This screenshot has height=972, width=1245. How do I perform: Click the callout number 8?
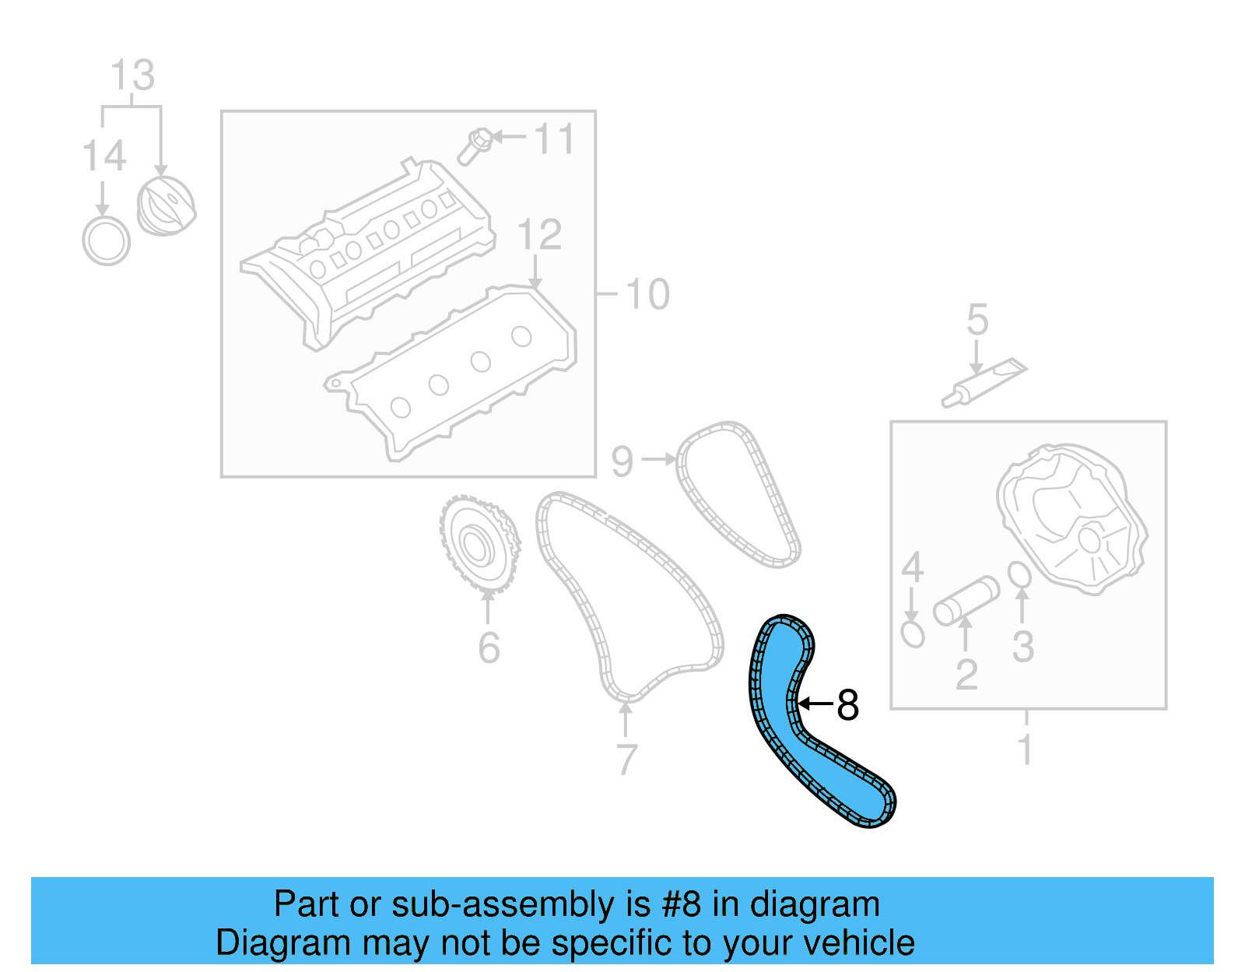click(x=847, y=705)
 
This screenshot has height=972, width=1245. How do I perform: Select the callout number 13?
click(x=132, y=75)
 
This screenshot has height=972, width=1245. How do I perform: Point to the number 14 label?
click(x=103, y=156)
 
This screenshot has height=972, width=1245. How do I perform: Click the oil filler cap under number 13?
click(x=166, y=206)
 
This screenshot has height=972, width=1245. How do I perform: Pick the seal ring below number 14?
click(x=106, y=241)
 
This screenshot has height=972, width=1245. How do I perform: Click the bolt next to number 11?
click(x=473, y=146)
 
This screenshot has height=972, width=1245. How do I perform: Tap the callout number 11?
click(x=553, y=139)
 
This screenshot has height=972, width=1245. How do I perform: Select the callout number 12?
click(x=538, y=234)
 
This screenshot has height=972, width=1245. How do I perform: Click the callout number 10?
click(x=647, y=294)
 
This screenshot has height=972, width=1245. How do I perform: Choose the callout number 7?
click(x=626, y=759)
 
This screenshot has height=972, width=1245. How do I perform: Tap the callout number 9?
click(x=622, y=461)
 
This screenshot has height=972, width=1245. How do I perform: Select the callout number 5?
click(x=977, y=320)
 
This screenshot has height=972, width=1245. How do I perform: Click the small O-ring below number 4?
click(x=912, y=633)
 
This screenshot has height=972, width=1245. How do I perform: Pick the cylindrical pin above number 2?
click(x=966, y=600)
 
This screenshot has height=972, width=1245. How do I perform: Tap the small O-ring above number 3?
click(x=1019, y=575)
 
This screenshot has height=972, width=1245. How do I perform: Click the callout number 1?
click(x=1025, y=749)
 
